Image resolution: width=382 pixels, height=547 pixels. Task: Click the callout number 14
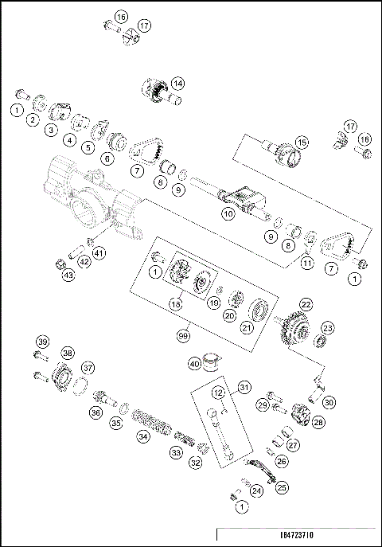[x=177, y=82]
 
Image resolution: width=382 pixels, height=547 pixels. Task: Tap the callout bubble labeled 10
[x=228, y=214]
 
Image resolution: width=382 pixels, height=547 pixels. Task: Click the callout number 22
[x=306, y=303]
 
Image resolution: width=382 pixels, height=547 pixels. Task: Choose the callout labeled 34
[x=142, y=436]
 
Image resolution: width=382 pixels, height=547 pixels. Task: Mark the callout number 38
[x=68, y=353]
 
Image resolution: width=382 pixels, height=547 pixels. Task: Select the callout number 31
[x=244, y=387]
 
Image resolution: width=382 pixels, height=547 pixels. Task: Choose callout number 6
[x=107, y=158]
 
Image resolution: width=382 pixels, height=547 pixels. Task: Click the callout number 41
[x=99, y=252]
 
